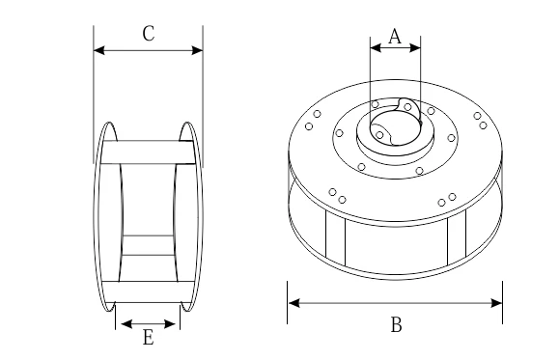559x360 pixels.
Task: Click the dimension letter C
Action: pyautogui.click(x=149, y=34)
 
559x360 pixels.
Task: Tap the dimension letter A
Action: pyautogui.click(x=395, y=37)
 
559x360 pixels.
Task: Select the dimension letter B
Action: pyautogui.click(x=397, y=324)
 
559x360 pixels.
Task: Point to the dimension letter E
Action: pyautogui.click(x=149, y=337)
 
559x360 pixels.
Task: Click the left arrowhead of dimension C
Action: pyautogui.click(x=99, y=50)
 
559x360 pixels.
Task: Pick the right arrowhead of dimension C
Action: pyautogui.click(x=197, y=50)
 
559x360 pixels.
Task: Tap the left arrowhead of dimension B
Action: pyautogui.click(x=293, y=303)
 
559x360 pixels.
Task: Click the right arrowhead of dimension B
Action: pyautogui.click(x=496, y=303)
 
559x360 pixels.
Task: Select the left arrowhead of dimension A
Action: pyautogui.click(x=376, y=47)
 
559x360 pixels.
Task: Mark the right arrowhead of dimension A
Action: pyautogui.click(x=415, y=47)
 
